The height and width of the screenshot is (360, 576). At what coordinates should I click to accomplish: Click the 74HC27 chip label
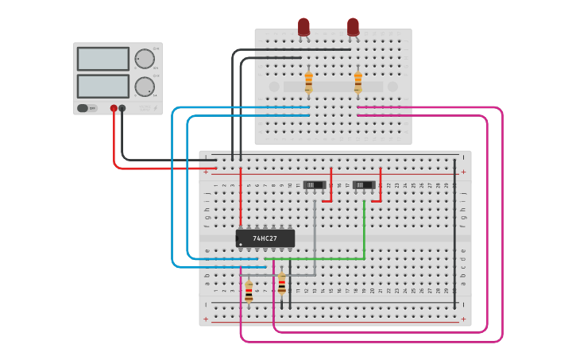(x=265, y=238)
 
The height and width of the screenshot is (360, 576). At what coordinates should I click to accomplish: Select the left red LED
(x=303, y=27)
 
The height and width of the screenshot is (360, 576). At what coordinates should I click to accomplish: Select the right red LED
(x=353, y=27)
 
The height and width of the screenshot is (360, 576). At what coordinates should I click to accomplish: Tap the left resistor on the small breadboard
(x=308, y=82)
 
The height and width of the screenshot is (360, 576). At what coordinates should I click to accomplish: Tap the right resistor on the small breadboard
(x=358, y=82)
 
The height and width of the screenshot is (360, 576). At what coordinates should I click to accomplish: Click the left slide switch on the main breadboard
(x=315, y=185)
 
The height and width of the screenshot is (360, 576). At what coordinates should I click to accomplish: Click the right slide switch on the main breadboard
(x=364, y=185)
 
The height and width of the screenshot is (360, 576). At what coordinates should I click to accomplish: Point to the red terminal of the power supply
(x=114, y=108)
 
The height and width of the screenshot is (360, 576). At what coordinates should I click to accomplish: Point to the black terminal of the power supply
(x=122, y=108)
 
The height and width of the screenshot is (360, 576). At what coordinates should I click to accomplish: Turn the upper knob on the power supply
(x=145, y=59)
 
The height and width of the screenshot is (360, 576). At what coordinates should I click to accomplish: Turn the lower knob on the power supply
(x=145, y=86)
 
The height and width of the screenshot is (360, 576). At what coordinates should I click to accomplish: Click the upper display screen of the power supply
(x=102, y=59)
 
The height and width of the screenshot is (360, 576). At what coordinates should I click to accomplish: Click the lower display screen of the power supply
(x=102, y=86)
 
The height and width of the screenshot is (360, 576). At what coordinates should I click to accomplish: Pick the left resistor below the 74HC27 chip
(x=249, y=291)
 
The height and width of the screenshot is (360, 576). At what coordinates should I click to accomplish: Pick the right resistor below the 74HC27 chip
(x=281, y=284)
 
